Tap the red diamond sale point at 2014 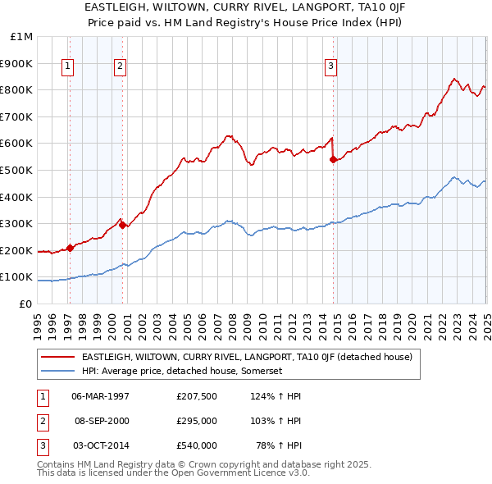tap(333, 160)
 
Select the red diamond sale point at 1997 tap(70, 248)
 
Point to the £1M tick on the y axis tap(22, 37)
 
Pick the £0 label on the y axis tap(26, 304)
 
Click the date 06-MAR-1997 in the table tap(101, 395)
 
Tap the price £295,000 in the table tap(197, 421)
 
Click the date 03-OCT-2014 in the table tap(101, 446)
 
